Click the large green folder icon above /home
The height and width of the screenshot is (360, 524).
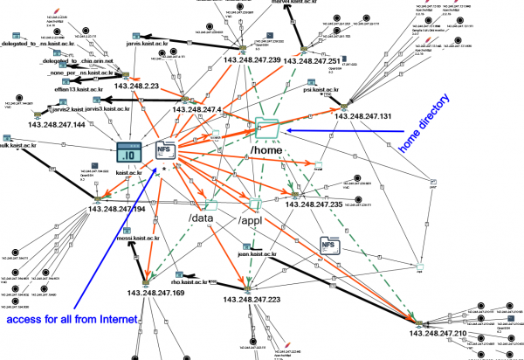(x=267, y=128)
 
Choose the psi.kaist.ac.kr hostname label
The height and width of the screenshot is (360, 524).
(x=321, y=89)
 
